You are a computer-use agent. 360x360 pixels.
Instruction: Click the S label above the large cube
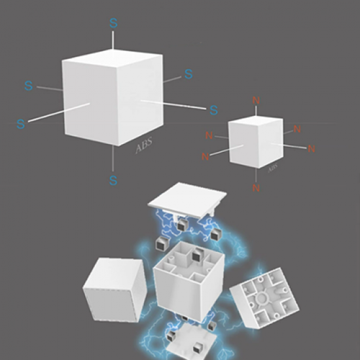pyautogui.click(x=113, y=23)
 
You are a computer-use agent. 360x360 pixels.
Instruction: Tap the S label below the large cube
pyautogui.click(x=113, y=180)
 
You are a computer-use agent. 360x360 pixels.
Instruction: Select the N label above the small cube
pyautogui.click(x=256, y=100)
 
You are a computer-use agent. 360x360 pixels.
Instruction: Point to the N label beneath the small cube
pyautogui.click(x=256, y=188)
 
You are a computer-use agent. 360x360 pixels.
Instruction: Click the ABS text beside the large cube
pyautogui.click(x=144, y=145)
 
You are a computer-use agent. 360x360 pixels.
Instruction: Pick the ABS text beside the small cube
pyautogui.click(x=273, y=168)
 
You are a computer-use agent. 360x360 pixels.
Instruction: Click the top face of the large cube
pyautogui.click(x=113, y=58)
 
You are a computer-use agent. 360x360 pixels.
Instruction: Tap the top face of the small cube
pyautogui.click(x=255, y=120)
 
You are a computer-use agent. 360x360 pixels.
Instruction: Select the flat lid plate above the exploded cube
pyautogui.click(x=187, y=200)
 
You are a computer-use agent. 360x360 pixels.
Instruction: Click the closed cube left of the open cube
pyautogui.click(x=115, y=290)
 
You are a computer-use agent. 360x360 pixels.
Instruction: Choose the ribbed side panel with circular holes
pyautogui.click(x=264, y=298)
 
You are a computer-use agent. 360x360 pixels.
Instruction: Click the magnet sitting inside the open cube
pyautogui.click(x=196, y=254)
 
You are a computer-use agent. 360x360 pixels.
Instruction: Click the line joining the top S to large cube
pyautogui.click(x=113, y=40)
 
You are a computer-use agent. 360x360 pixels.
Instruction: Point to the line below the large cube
pyautogui.click(x=113, y=158)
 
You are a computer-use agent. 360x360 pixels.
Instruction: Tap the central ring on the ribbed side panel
pyautogui.click(x=262, y=298)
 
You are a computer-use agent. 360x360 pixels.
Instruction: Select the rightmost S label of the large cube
pyautogui.click(x=214, y=110)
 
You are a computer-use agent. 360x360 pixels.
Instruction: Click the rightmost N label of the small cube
pyautogui.click(x=311, y=149)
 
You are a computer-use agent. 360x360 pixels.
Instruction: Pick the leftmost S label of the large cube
pyautogui.click(x=21, y=124)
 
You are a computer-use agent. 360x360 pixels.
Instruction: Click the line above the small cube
pyautogui.click(x=256, y=111)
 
